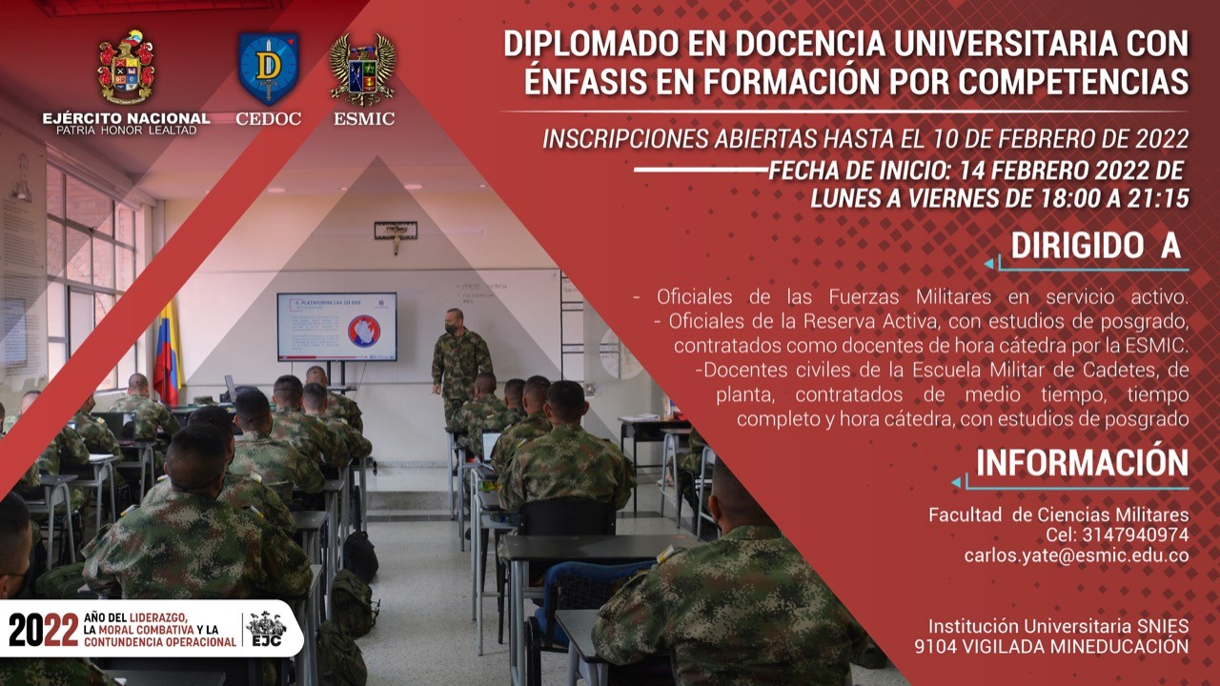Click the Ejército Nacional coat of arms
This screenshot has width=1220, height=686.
coord(127,67)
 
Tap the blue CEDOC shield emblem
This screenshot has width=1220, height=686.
coord(268,69)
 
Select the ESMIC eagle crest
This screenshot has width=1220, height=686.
coord(363,70)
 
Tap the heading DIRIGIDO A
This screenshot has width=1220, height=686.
coord(1096,246)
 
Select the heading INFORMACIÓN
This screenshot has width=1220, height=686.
coord(1082,463)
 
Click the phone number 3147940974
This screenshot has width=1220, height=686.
coord(1135,535)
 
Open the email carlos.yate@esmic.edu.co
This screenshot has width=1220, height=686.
coord(1076,555)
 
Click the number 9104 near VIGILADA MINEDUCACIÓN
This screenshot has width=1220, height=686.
coord(935,646)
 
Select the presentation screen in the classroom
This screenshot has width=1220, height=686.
coord(336,327)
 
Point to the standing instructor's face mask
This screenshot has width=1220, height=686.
coord(451,328)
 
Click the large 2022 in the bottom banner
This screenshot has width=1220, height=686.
coord(44,630)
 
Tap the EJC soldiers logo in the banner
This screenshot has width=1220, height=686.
coord(266,629)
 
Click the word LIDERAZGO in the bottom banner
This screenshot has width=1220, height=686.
coord(159,618)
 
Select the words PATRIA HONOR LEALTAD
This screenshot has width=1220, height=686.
coord(127,131)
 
